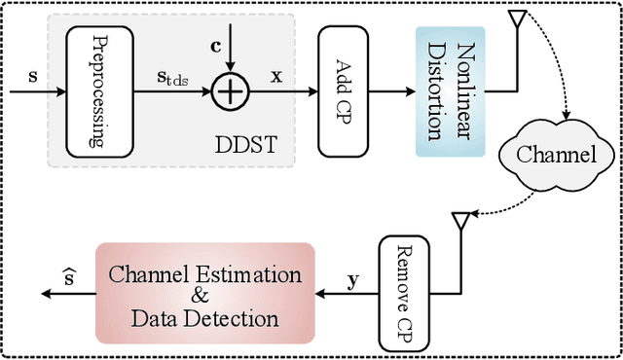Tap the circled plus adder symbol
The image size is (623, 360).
point(230,92)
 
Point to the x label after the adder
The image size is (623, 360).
point(275,74)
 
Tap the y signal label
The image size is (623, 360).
point(354,282)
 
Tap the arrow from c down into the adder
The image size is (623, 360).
point(231,60)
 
